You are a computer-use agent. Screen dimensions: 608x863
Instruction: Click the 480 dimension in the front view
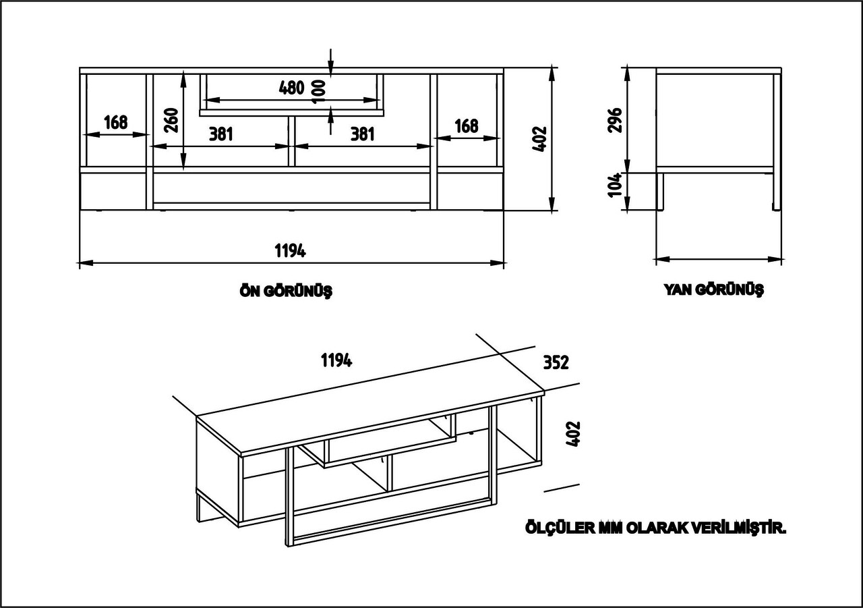pyautogui.click(x=291, y=88)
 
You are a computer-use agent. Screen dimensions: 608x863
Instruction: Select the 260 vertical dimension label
pyautogui.click(x=171, y=119)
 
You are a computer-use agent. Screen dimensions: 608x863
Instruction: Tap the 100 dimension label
pyautogui.click(x=318, y=88)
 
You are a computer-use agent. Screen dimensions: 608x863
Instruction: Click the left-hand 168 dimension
pyautogui.click(x=116, y=122)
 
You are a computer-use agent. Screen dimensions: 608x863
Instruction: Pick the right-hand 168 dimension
pyautogui.click(x=467, y=126)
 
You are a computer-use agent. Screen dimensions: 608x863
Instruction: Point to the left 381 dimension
pyautogui.click(x=220, y=134)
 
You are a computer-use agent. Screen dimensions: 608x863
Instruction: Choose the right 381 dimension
pyautogui.click(x=362, y=134)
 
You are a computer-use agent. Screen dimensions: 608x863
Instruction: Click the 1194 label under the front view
pyautogui.click(x=291, y=251)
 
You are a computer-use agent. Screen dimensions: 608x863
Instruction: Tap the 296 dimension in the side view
pyautogui.click(x=616, y=119)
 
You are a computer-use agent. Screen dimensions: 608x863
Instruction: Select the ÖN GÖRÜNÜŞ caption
pyautogui.click(x=286, y=292)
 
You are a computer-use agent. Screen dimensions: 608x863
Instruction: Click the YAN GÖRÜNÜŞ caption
pyautogui.click(x=714, y=290)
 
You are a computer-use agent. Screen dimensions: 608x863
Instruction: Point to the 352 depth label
pyautogui.click(x=556, y=362)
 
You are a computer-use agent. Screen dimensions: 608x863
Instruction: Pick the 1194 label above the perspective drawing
pyautogui.click(x=336, y=360)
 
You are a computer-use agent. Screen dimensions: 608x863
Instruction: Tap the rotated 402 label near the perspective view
pyautogui.click(x=574, y=436)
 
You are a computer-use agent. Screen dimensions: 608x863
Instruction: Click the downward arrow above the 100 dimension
pyautogui.click(x=330, y=65)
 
